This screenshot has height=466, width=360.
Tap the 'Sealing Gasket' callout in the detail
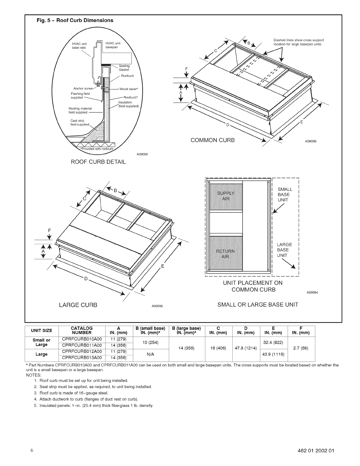pos(124,68)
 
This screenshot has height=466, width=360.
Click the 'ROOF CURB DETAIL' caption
pos(98,162)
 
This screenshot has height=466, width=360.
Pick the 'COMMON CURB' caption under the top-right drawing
pos(213,140)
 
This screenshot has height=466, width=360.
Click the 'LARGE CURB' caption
pos(78,305)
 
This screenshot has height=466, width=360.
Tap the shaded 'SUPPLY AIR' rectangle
pos(226,196)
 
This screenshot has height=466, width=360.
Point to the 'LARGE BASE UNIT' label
pos(284,250)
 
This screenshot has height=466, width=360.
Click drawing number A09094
pos(312,293)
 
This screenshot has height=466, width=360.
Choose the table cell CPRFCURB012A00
pos(82,351)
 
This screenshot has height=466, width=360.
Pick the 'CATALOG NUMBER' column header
pos(82,330)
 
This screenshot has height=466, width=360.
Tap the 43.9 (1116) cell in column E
pos(274,354)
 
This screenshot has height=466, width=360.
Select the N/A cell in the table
pos(151,355)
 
